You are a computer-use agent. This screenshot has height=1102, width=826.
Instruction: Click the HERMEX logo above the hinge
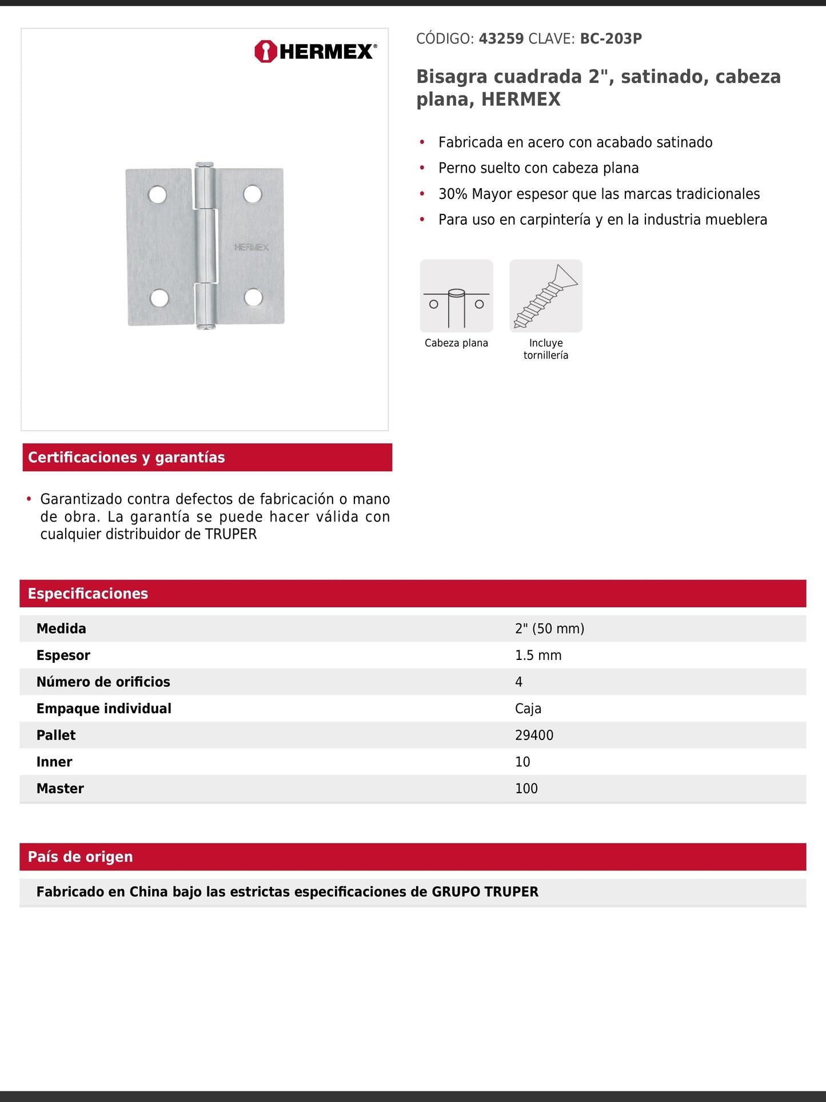pos(316,51)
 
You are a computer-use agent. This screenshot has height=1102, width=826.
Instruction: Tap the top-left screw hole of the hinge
pos(157,195)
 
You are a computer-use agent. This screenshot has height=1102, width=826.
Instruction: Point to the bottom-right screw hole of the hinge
pos(253,297)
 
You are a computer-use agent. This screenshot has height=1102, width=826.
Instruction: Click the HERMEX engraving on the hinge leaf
pos(251,247)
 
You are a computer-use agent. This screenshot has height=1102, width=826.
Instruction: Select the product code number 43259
pos(501,39)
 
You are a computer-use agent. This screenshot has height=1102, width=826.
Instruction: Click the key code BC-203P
pos(610,39)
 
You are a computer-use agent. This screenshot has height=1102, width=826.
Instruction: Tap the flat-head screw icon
pos(546,296)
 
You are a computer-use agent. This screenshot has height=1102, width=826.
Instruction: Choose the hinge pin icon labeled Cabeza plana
pos(456,296)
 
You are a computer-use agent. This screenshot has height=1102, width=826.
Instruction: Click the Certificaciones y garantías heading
pos(126,457)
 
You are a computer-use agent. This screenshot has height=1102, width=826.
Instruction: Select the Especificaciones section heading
pos(88,594)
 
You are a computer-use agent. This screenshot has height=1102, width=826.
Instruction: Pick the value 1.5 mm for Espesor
pos(538,655)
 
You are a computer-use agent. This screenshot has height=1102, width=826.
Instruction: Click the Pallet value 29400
pos(534,735)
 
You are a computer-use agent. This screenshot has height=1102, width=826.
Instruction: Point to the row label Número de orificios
pos(103,682)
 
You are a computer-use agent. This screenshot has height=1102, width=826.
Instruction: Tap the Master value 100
pos(526,789)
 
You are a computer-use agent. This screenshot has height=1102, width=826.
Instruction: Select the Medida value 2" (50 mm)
pos(549,628)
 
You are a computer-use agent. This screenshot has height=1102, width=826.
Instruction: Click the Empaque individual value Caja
pos(528,709)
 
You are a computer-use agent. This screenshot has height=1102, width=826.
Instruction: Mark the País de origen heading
pos(81,857)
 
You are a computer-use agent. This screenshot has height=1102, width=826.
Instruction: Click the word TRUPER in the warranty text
pos(231,534)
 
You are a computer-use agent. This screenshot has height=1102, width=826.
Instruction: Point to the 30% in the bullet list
pos(453,194)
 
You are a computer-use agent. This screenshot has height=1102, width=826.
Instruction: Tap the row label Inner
pos(54,762)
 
